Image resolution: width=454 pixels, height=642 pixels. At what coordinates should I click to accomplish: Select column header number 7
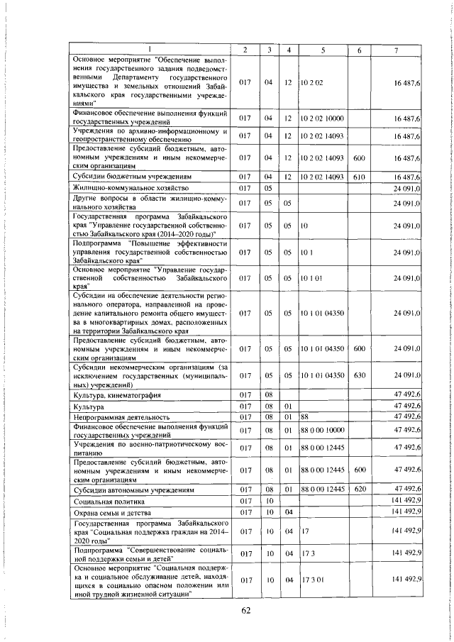[x=397, y=49]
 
